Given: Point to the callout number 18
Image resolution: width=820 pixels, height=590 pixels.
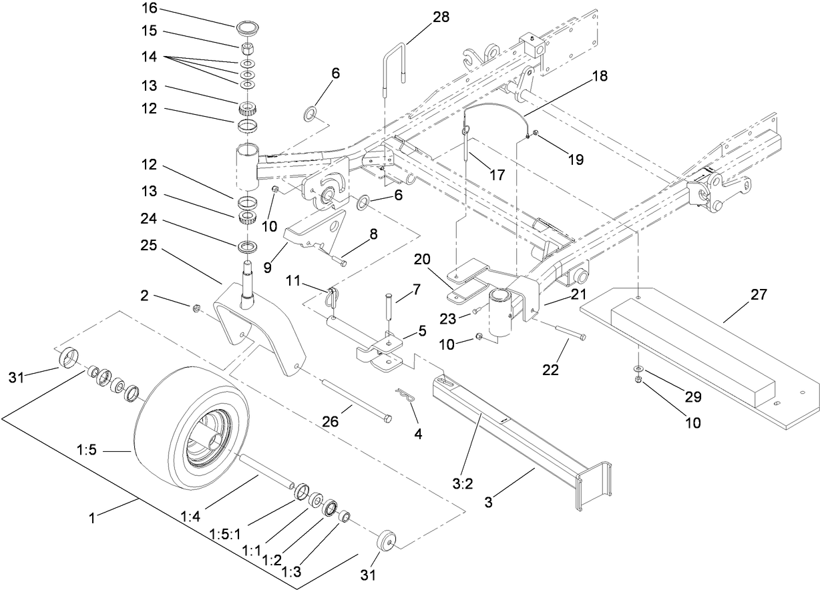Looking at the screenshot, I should coord(600,75).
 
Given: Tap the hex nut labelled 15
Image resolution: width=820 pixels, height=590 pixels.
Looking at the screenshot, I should coord(246,49).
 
